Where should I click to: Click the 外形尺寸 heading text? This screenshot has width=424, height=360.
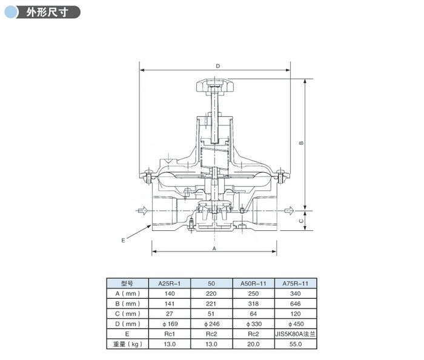tap(47, 13)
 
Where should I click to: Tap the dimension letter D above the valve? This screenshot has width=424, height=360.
tap(218, 66)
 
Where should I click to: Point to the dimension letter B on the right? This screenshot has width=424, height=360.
tap(302, 143)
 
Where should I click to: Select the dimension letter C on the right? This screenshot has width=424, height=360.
tap(302, 221)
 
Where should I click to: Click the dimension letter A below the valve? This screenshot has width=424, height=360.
tap(214, 248)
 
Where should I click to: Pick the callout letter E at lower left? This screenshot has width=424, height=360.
tap(124, 241)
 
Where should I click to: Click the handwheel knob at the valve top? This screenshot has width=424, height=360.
tap(214, 85)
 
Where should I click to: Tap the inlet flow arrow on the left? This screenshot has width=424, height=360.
tap(142, 210)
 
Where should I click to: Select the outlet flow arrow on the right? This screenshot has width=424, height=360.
tap(289, 210)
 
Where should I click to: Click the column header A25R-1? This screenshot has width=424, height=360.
tap(170, 284)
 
